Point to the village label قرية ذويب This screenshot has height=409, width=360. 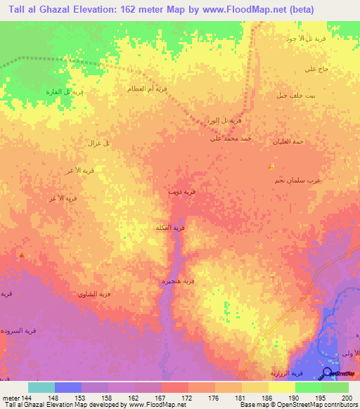177,190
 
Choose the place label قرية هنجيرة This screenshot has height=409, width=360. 179,281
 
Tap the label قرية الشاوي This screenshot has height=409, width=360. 95,294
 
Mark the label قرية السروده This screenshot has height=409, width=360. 15,330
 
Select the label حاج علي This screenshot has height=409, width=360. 313,69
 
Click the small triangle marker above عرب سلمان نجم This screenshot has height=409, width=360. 271,167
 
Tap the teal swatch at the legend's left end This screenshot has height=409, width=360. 41,387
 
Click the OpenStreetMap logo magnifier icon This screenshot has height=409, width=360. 326,375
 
